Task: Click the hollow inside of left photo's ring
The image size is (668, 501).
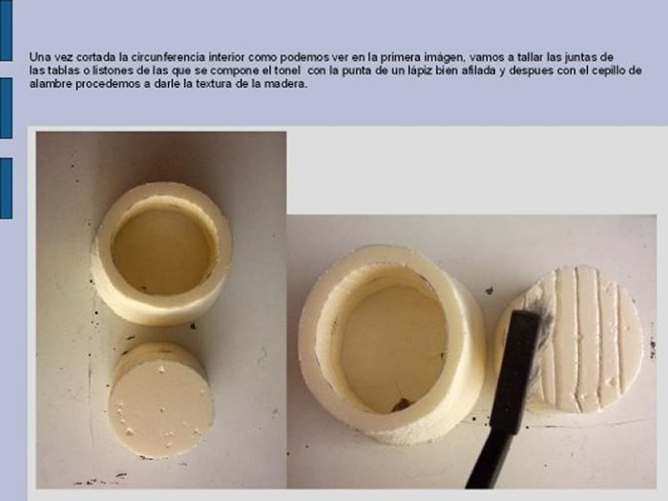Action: tap(162, 251)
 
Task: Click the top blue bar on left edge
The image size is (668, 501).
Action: tap(6, 31)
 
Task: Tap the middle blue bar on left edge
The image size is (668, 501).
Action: tap(6, 108)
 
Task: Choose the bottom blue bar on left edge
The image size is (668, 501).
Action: tap(6, 188)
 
